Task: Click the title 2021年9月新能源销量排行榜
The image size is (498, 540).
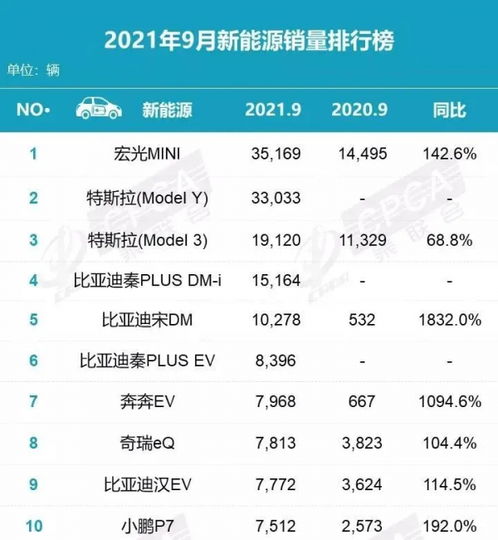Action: pos(248,39)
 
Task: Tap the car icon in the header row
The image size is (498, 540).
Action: pos(99,110)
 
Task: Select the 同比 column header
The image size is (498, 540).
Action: pos(449,110)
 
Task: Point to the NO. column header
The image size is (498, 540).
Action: pos(34,110)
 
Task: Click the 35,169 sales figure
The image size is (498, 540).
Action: pos(275,154)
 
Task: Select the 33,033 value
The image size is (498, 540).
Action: pos(275,198)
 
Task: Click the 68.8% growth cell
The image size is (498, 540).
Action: pos(449,241)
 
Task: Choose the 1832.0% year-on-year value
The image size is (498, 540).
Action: pos(449,320)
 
